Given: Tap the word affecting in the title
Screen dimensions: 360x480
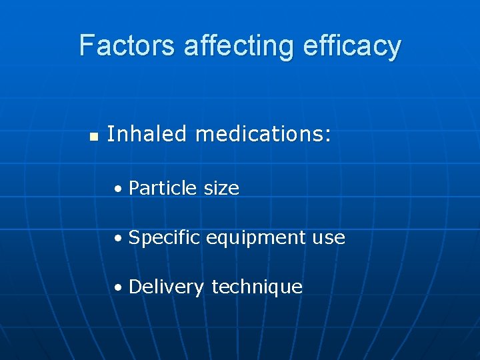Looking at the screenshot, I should pyautogui.click(x=239, y=45).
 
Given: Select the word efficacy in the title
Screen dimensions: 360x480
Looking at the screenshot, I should pyautogui.click(x=352, y=45).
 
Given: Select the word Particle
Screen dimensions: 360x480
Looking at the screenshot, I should pyautogui.click(x=163, y=189).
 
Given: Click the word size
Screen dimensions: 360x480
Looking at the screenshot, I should pyautogui.click(x=221, y=189).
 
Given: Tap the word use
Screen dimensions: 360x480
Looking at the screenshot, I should pyautogui.click(x=330, y=238).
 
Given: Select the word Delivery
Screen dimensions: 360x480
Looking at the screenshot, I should pyautogui.click(x=166, y=287).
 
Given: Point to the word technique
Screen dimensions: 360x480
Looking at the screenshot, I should pyautogui.click(x=257, y=287).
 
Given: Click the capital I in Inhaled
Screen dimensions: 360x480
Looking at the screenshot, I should pyautogui.click(x=110, y=134).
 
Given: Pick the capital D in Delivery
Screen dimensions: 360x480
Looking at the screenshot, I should pyautogui.click(x=135, y=287).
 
